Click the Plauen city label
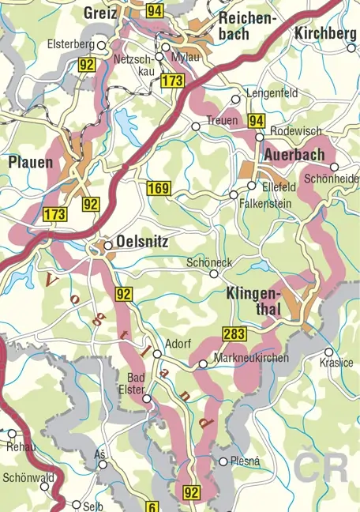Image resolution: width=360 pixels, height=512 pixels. coord(31,163)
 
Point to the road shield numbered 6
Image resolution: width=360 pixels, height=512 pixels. coord(152,506)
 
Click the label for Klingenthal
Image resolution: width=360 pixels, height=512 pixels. coord(252,301)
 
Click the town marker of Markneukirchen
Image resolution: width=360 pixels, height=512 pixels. coord(203,363)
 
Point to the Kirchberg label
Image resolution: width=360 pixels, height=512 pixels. coord(325,33)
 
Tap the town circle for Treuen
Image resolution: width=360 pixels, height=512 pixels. coord(197,126)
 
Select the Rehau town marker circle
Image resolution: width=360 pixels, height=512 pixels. coord(12,433)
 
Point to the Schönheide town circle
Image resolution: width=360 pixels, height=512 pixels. coord(334,167)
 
